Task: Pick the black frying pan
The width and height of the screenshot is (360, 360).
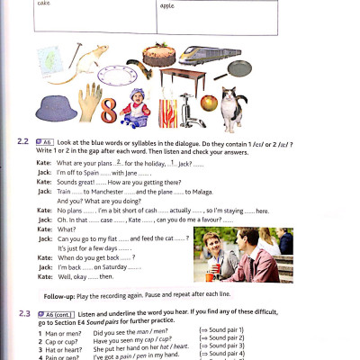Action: point(240,68)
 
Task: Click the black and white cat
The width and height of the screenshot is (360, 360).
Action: point(232,107)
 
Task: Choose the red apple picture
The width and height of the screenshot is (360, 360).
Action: point(208,103)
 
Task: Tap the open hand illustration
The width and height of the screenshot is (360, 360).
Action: point(90,102)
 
